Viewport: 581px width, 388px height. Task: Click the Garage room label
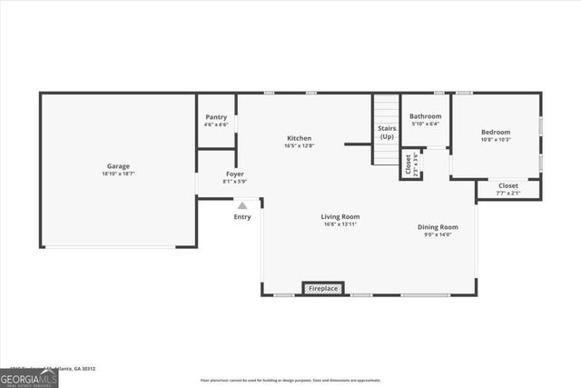[x=118, y=166]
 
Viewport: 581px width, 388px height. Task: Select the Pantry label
[x=216, y=116]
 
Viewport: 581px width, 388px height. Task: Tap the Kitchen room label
[x=300, y=138]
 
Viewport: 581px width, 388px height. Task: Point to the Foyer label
[x=234, y=173]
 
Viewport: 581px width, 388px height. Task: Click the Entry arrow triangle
[x=242, y=205]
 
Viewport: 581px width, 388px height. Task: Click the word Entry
[x=242, y=217]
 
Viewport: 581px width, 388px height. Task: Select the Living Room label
[x=340, y=216]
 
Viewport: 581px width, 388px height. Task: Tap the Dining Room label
[x=438, y=227]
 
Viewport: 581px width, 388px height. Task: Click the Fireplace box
[x=323, y=288]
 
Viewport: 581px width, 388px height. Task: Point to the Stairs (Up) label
[x=387, y=132]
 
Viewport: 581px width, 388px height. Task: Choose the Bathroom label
[x=425, y=116]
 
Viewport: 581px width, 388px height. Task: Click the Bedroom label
[x=496, y=132]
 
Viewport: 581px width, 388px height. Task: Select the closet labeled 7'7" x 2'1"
[x=508, y=189]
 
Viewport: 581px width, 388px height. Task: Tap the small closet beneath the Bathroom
[x=411, y=164]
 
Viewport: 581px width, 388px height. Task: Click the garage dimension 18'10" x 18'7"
[x=118, y=174]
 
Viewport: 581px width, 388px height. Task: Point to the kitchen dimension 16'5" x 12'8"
[x=300, y=145]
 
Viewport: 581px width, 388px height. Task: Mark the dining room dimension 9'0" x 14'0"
[x=438, y=234]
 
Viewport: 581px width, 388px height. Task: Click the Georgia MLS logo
[x=29, y=375]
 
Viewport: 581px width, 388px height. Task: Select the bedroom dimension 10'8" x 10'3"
[x=496, y=139]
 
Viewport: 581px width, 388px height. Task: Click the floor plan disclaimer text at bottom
[x=290, y=381]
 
